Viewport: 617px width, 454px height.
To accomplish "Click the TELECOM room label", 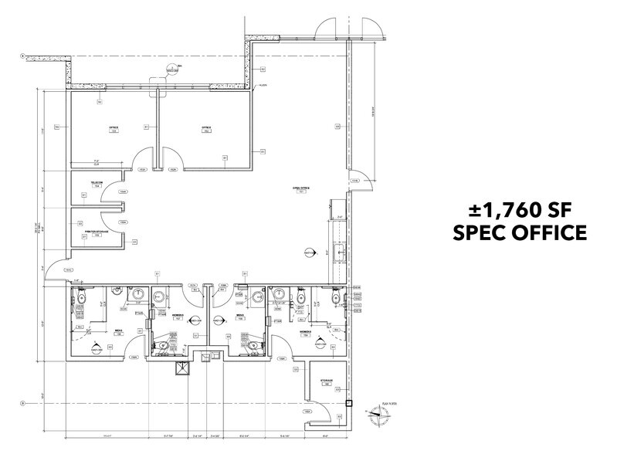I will pos(97,185).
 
